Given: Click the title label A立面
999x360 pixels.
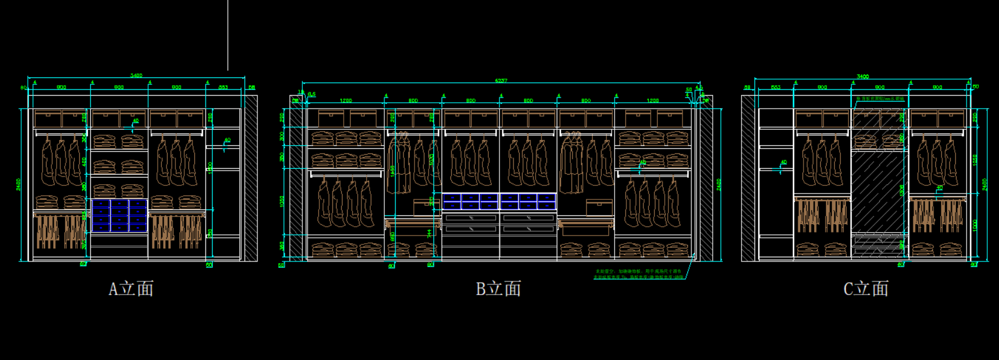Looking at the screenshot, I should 131,289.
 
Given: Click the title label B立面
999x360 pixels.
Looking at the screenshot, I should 498,289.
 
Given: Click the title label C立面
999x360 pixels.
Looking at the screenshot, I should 866,289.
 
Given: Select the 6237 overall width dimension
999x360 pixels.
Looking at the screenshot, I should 501,80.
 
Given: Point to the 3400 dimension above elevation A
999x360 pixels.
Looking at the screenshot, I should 136,76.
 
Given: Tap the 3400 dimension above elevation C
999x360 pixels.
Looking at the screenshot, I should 863,76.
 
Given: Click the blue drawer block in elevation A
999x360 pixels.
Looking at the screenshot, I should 119,215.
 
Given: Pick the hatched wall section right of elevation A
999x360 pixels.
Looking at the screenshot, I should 251,178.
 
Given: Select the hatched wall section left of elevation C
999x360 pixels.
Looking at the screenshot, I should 748,178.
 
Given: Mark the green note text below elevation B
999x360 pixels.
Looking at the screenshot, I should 638,274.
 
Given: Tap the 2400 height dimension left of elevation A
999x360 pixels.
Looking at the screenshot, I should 18,184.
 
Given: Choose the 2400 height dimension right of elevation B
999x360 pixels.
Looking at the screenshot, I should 719,184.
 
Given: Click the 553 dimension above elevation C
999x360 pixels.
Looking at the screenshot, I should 776,87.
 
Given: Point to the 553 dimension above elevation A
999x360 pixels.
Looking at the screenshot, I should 223,87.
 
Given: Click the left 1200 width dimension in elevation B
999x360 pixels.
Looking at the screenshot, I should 345,101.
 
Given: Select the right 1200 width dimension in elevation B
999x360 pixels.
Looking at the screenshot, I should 652,101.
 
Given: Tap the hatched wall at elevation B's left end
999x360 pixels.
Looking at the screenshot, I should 296,178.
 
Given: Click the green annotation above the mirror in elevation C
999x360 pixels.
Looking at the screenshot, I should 880,99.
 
